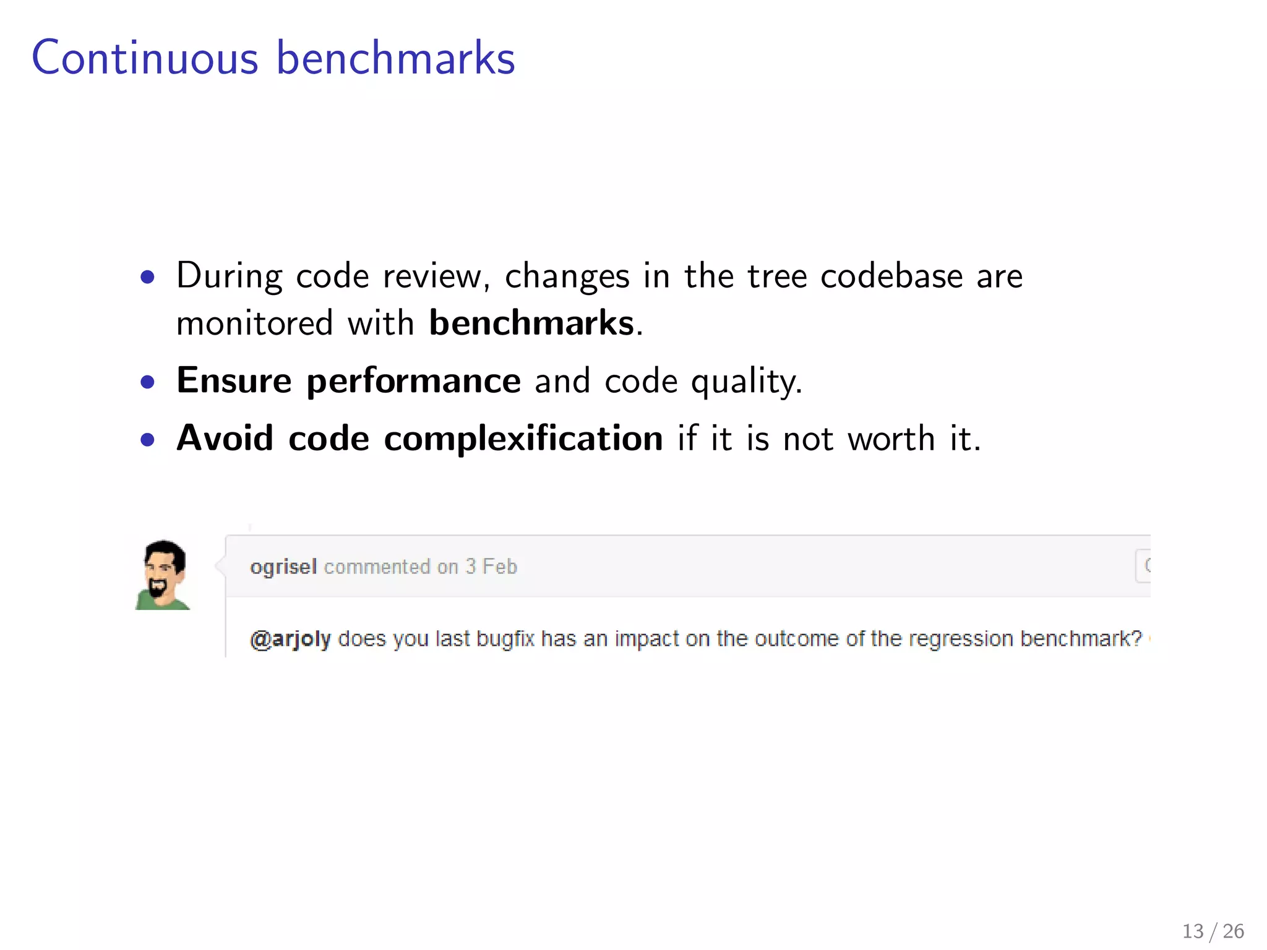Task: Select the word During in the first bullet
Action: [229, 276]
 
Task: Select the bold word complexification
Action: [523, 439]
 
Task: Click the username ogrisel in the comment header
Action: [283, 567]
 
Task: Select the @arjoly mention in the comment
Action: [290, 638]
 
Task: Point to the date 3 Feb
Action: [491, 567]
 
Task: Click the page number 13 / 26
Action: [1213, 931]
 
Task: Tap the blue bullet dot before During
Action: [147, 277]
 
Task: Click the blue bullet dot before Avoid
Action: [147, 440]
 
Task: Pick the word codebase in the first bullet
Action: [891, 276]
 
